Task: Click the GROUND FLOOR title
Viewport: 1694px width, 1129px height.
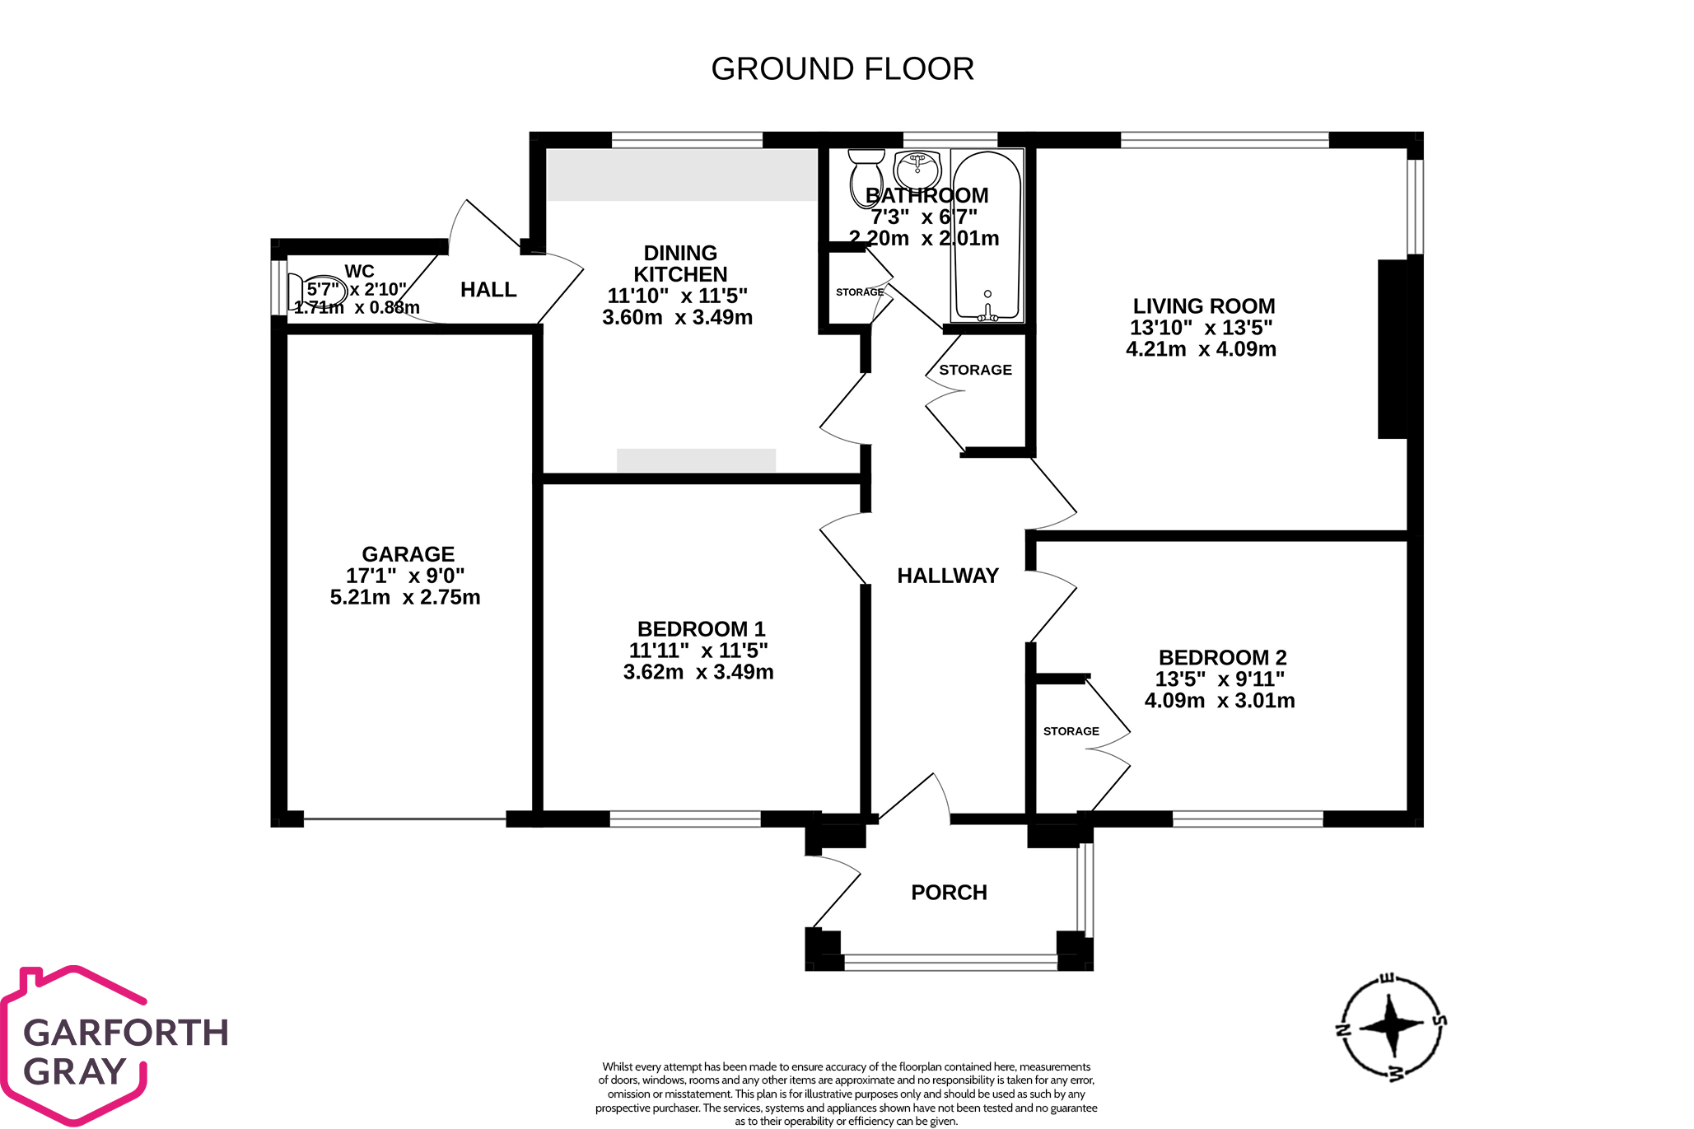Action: point(842,69)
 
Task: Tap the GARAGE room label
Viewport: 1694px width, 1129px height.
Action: point(408,554)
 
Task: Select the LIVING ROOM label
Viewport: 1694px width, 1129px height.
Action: point(1203,306)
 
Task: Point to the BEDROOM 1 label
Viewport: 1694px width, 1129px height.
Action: point(701,629)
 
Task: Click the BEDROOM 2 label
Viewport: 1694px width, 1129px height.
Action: point(1222,658)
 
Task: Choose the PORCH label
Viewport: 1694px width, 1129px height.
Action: point(949,893)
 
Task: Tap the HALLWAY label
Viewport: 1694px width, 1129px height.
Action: point(947,576)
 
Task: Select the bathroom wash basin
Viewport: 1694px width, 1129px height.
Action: point(917,169)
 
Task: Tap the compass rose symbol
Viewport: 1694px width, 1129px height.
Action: point(1391,1026)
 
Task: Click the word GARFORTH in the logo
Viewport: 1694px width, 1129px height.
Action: point(126,1033)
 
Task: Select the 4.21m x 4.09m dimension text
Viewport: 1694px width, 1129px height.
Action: point(1201,349)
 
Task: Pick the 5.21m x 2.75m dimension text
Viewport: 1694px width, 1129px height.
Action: point(404,597)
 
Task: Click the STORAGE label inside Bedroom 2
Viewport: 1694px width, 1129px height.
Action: point(1071,731)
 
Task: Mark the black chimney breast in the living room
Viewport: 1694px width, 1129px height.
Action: point(1392,349)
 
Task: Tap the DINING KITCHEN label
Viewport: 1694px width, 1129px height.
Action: point(679,264)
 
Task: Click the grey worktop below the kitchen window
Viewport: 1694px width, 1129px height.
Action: point(681,175)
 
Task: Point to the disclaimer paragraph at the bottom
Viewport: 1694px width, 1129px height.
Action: point(846,1094)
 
